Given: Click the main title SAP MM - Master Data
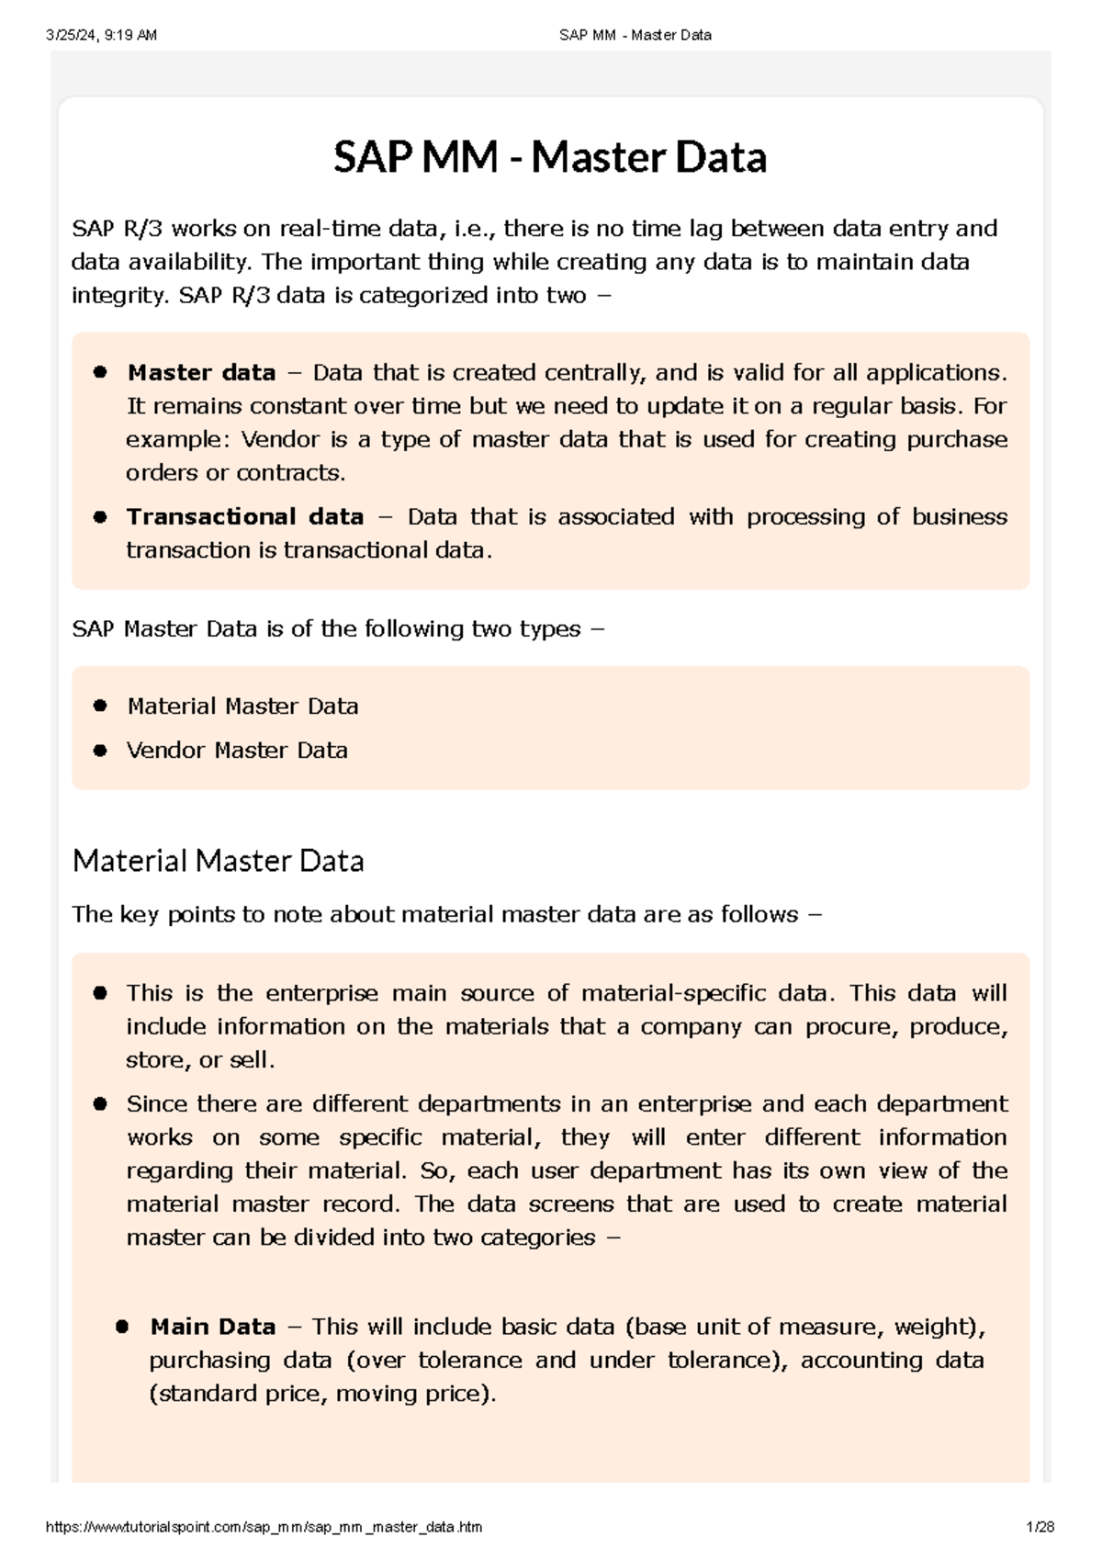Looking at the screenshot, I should point(549,157).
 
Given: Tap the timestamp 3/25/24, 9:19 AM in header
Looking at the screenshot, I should point(101,35).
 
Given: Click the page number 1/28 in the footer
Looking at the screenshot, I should point(1040,1527).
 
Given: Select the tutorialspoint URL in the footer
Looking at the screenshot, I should point(264,1527).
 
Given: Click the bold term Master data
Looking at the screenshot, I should point(201,373).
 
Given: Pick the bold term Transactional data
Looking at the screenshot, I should point(245,517).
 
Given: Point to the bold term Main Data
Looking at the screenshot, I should point(213,1328).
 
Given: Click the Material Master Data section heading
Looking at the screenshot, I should point(218,861).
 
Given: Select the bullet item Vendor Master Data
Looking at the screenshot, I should point(237,751).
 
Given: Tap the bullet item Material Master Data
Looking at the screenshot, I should point(242,707).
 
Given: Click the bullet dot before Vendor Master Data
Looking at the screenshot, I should point(101,751).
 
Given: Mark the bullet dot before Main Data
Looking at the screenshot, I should point(123,1328).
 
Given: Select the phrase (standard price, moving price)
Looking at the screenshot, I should point(322,1394).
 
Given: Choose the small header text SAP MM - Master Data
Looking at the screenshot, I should point(635,35).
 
